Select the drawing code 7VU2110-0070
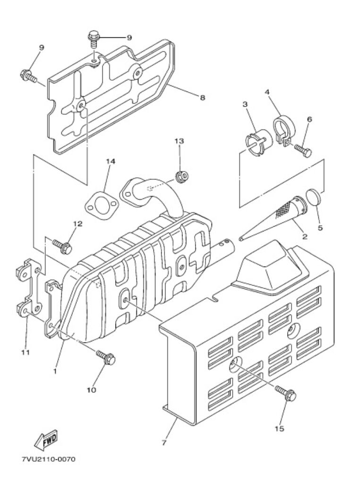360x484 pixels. click(x=49, y=459)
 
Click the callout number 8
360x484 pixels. click(x=202, y=98)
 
